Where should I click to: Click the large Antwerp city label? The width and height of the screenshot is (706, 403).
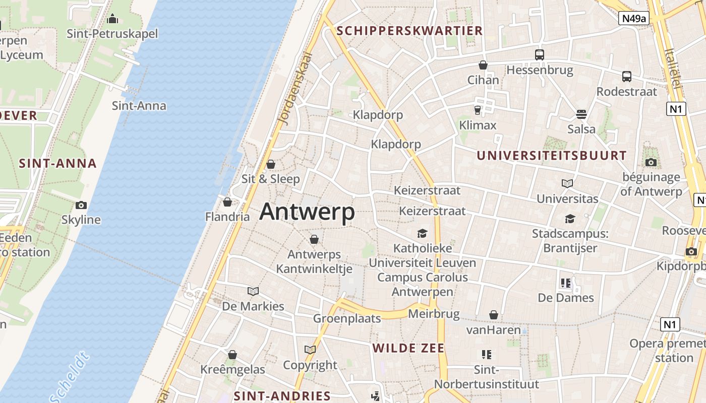(x=307, y=212)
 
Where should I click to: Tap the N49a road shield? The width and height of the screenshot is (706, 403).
(x=634, y=19)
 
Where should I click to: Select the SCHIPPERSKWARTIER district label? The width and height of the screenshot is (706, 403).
(x=409, y=31)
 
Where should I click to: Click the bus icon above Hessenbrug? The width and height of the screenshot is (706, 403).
(x=540, y=55)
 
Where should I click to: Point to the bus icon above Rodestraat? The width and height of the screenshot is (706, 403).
(x=627, y=77)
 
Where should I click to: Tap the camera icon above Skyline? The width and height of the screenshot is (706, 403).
(x=81, y=205)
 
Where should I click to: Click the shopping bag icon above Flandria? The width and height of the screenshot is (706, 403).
(x=227, y=202)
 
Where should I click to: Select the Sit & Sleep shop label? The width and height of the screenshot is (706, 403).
(x=270, y=179)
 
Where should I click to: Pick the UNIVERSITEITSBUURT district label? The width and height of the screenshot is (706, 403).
(x=552, y=156)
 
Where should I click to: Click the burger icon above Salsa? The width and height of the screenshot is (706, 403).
(x=581, y=114)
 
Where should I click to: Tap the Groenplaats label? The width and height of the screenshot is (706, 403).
(x=347, y=318)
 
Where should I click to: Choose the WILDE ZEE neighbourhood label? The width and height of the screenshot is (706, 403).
(x=408, y=348)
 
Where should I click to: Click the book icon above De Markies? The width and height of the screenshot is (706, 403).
(x=253, y=291)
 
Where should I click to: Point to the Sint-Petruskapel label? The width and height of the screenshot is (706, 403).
(x=112, y=34)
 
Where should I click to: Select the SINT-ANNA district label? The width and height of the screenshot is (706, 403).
(x=57, y=163)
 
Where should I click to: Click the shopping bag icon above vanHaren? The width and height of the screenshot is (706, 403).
(x=493, y=315)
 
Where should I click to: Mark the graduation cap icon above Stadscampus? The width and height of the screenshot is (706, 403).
(x=570, y=219)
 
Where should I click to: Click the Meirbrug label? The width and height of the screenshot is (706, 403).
(x=434, y=314)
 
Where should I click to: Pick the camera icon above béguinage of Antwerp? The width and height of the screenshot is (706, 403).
(x=651, y=162)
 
